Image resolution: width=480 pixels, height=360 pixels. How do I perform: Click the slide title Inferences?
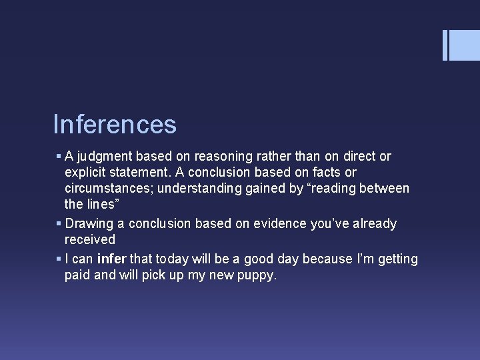point(115,125)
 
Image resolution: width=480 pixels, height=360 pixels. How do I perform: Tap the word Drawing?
point(89,224)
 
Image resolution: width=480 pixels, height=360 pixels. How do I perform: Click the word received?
point(89,239)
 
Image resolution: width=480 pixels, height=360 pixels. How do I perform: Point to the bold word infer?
point(111,259)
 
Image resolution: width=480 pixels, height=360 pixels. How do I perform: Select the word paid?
point(77,275)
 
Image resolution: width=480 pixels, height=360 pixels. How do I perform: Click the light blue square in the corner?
point(465,45)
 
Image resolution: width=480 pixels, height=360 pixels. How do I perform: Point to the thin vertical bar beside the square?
point(445,45)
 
